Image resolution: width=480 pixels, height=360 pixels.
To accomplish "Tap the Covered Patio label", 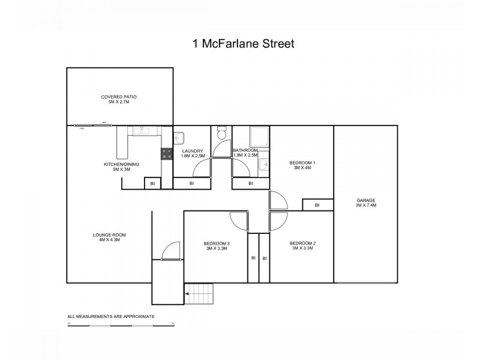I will tap(115, 99).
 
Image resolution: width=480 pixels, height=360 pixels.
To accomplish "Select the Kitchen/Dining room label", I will tap(118, 166).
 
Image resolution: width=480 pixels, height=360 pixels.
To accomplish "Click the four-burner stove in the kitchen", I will tap(166, 154).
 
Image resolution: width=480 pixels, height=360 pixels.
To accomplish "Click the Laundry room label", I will tap(193, 153).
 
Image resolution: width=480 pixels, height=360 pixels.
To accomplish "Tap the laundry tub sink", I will tap(179, 136).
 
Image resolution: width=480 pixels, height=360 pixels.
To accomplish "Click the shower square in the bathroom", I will tap(259, 135).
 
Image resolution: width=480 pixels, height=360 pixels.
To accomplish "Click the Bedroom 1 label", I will tap(302, 165).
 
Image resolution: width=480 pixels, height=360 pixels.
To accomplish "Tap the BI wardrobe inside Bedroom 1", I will tap(317, 205).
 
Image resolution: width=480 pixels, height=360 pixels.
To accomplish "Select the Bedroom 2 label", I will tap(303, 245).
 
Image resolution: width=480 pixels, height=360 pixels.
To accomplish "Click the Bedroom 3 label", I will tap(216, 245).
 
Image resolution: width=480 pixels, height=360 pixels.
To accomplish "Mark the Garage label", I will tap(365, 203).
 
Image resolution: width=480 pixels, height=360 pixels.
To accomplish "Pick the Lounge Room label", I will tap(109, 237).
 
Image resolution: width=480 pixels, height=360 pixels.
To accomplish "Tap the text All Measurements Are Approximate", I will tap(111, 316).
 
